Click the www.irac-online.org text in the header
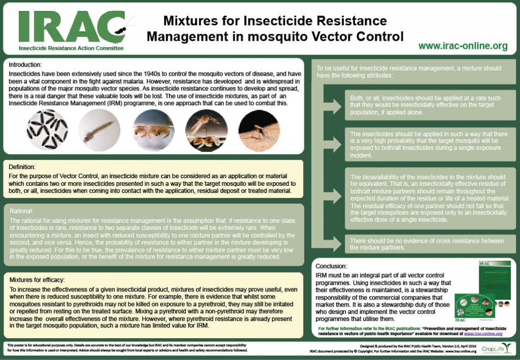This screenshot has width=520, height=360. pos(463,46)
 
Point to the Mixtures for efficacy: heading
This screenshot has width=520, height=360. pos(41,280)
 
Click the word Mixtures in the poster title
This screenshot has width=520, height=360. pos(187,21)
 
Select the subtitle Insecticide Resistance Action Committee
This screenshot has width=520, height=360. pos(71,48)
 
